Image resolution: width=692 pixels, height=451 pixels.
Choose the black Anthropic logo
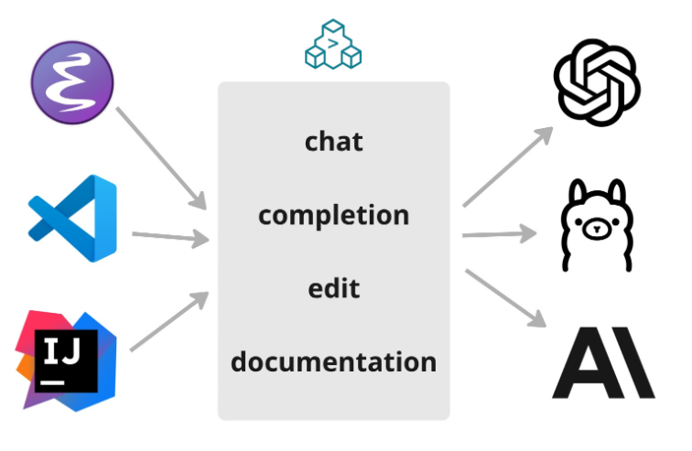pyautogui.click(x=603, y=366)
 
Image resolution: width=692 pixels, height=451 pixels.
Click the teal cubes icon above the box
pyautogui.click(x=333, y=45)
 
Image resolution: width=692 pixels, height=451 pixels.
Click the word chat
pyautogui.click(x=333, y=142)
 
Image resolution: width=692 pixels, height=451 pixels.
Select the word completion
pyautogui.click(x=333, y=216)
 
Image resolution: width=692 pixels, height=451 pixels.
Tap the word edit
pyautogui.click(x=333, y=288)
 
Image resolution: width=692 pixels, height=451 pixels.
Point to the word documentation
pyautogui.click(x=333, y=361)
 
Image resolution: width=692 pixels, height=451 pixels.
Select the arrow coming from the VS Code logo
pyautogui.click(x=170, y=238)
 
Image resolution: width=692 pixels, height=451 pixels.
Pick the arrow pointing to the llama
pyautogui.click(x=500, y=235)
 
